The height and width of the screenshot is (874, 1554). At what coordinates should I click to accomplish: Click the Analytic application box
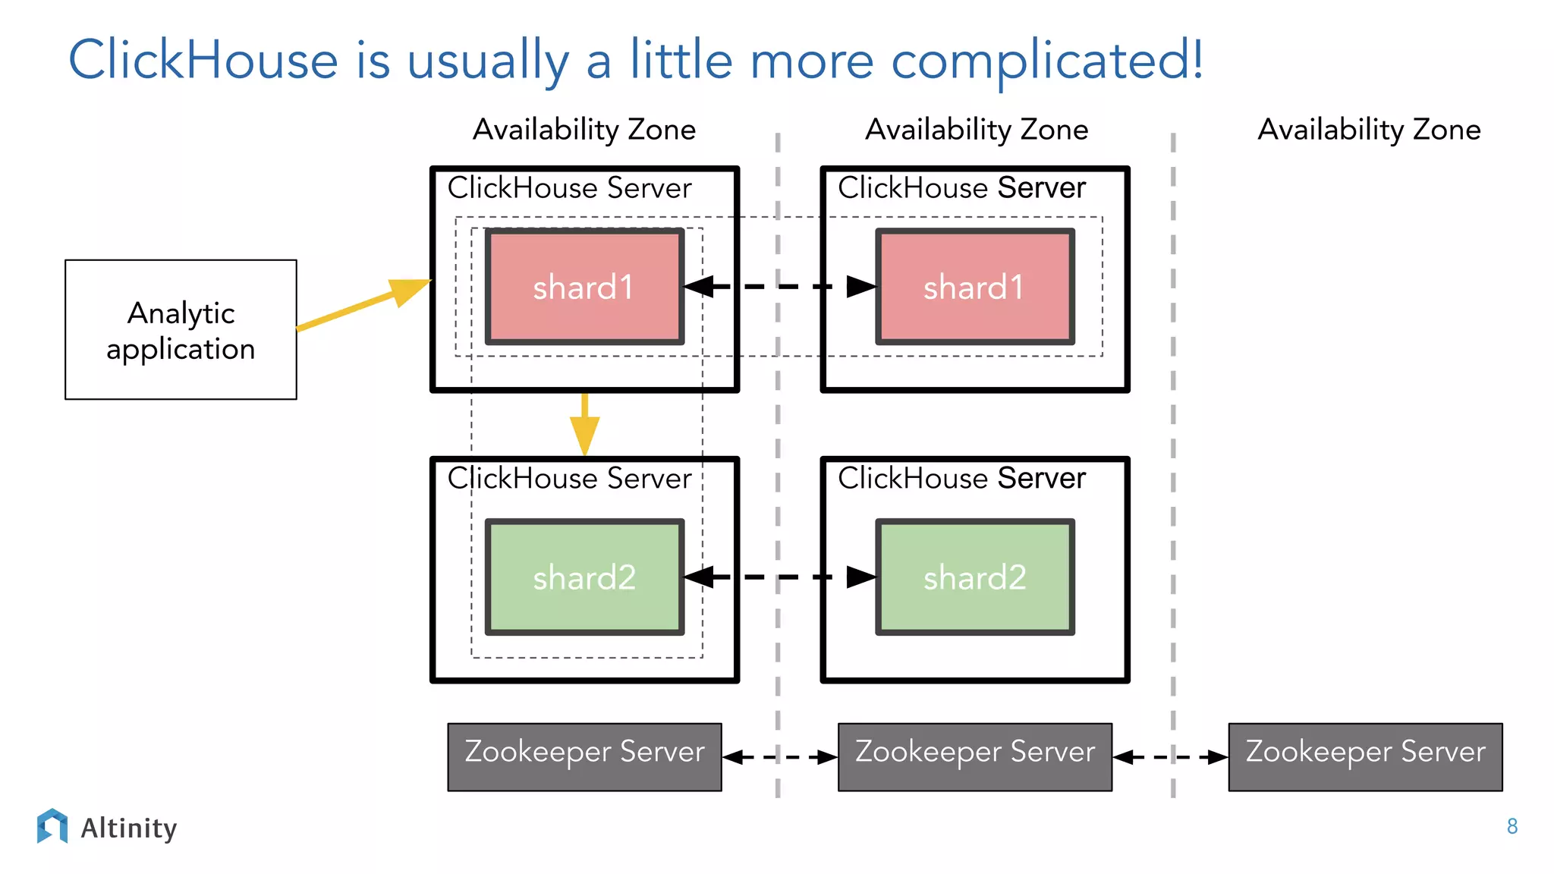[x=181, y=329]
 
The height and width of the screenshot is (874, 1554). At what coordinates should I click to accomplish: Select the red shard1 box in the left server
[x=584, y=287]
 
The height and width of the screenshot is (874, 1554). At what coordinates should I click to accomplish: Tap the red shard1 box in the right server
[x=974, y=287]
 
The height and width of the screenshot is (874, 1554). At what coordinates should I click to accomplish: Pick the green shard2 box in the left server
[x=584, y=577]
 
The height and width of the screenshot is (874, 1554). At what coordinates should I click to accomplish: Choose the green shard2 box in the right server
[x=974, y=577]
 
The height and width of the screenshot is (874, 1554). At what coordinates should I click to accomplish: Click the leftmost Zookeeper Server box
[x=584, y=756]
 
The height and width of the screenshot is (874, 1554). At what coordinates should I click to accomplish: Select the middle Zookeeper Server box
[x=974, y=756]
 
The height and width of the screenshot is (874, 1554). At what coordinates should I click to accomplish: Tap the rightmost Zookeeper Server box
[x=1365, y=756]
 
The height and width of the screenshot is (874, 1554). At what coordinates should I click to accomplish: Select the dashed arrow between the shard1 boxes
[x=779, y=287]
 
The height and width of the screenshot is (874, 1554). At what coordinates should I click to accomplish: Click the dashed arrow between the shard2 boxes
[x=779, y=577]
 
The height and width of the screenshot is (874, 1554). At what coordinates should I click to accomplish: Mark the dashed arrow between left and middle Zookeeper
[x=779, y=756]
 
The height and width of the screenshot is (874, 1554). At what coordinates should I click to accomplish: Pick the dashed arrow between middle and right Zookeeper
[x=1170, y=756]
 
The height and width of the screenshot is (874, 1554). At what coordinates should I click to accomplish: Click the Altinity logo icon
[x=52, y=825]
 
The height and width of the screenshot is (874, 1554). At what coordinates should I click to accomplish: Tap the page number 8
[x=1512, y=826]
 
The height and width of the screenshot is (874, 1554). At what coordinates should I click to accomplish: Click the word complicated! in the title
[x=1046, y=61]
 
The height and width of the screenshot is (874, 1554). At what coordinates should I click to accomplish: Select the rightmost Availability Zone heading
[x=1369, y=130]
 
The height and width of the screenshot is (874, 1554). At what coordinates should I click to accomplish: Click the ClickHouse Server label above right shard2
[x=961, y=479]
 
